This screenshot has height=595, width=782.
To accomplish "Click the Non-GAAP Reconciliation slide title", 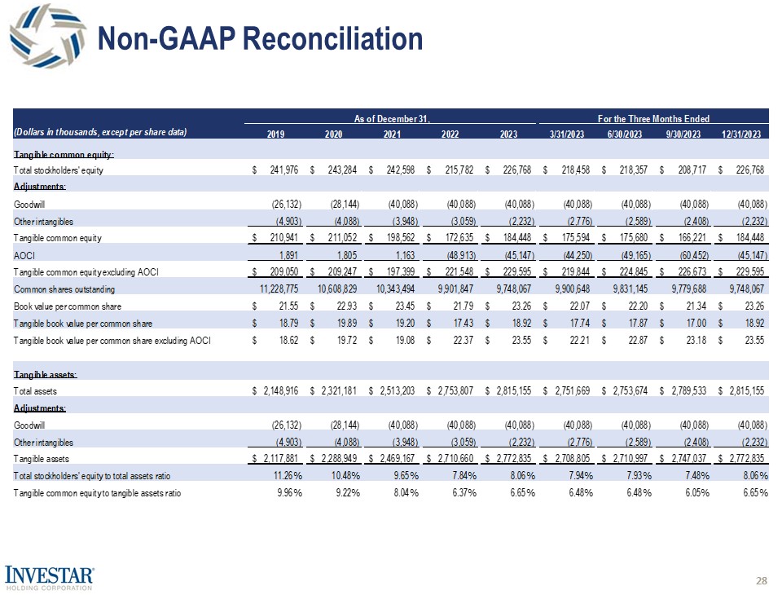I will [260, 38].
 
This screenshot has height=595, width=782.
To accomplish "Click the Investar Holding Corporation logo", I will [50, 575].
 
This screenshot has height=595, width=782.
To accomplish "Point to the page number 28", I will [762, 580].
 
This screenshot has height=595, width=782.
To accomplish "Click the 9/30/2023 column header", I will [683, 133].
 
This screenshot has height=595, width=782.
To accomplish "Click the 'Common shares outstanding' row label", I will [64, 289].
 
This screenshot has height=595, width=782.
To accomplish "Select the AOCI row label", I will [24, 255].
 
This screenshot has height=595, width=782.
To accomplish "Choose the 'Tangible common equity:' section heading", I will [64, 153].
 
